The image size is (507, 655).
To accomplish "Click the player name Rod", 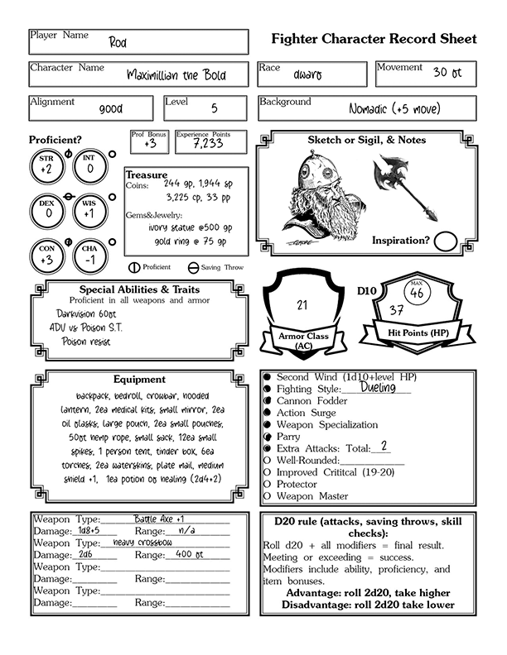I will click(x=117, y=43).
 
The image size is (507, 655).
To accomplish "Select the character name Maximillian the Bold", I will click(x=176, y=75).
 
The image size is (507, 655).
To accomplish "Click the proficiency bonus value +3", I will click(x=150, y=144).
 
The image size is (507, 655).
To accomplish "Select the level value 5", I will click(x=215, y=108).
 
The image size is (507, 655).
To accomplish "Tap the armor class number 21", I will click(x=302, y=305).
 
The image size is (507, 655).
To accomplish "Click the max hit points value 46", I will click(x=416, y=293).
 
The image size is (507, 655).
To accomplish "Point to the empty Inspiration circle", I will click(x=447, y=241).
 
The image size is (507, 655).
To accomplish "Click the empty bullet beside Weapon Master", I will click(x=268, y=496).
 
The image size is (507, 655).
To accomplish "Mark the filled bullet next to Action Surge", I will click(x=268, y=413).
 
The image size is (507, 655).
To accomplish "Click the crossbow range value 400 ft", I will click(x=191, y=555).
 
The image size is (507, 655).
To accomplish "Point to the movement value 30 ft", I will click(x=452, y=73).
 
